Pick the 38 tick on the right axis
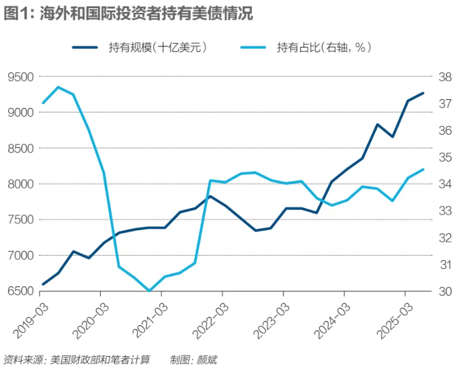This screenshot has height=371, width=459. pos(445,77)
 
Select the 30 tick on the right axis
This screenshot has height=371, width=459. pos(445,291)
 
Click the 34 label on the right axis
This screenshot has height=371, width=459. pos(445,184)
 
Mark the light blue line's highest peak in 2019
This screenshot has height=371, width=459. pos(58,87)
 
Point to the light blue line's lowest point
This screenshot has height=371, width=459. pos(149,290)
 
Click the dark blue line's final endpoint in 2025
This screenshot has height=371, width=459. pos(423,93)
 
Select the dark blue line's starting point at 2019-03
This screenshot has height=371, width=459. pos(43,284)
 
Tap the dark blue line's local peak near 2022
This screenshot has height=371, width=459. pos(210,196)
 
